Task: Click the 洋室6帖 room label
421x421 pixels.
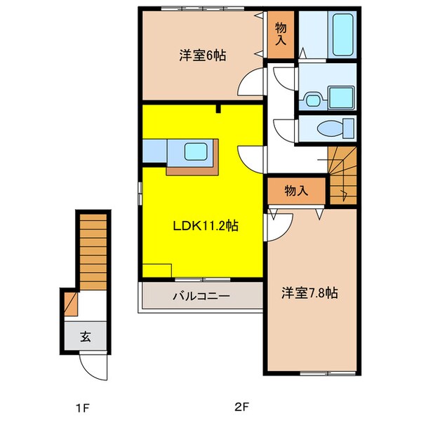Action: click(203, 55)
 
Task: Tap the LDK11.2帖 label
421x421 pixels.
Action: click(206, 225)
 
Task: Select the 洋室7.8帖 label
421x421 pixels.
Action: click(309, 293)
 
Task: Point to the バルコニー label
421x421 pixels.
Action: click(201, 296)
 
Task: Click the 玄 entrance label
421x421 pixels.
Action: click(86, 336)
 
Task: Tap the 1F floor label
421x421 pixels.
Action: click(82, 408)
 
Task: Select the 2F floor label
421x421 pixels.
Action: click(242, 407)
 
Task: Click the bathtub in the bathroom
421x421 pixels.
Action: click(342, 34)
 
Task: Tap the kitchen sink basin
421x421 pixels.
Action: click(196, 152)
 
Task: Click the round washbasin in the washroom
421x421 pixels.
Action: click(313, 100)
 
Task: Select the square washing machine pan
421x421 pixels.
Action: click(341, 98)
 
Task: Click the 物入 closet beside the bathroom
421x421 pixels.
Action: click(281, 34)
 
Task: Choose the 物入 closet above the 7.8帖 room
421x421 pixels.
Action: click(296, 191)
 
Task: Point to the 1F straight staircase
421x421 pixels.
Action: click(93, 252)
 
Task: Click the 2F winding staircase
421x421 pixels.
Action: click(343, 175)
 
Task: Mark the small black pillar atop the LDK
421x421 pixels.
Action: click(218, 109)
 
